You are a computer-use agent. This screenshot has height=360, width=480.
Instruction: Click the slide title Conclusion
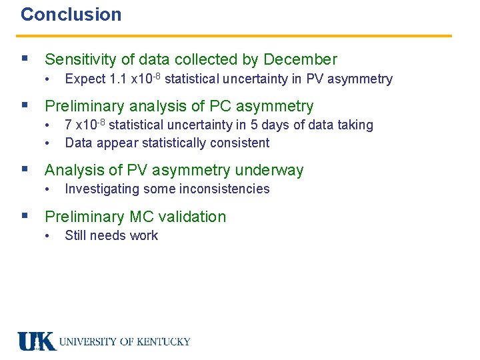(x=71, y=15)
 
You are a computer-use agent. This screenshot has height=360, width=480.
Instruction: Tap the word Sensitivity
(x=81, y=59)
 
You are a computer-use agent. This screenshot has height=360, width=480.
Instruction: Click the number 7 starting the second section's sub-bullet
(x=69, y=125)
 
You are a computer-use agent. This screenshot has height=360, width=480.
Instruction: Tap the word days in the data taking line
(x=274, y=125)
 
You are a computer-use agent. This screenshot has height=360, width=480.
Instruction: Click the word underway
(x=269, y=170)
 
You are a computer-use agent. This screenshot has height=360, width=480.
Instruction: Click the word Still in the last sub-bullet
(x=75, y=235)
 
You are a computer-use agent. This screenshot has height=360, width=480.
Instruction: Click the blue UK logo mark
(x=36, y=341)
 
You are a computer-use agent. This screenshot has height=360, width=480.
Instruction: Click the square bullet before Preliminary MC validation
(x=25, y=216)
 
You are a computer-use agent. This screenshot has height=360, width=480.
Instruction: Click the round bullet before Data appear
(x=48, y=143)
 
